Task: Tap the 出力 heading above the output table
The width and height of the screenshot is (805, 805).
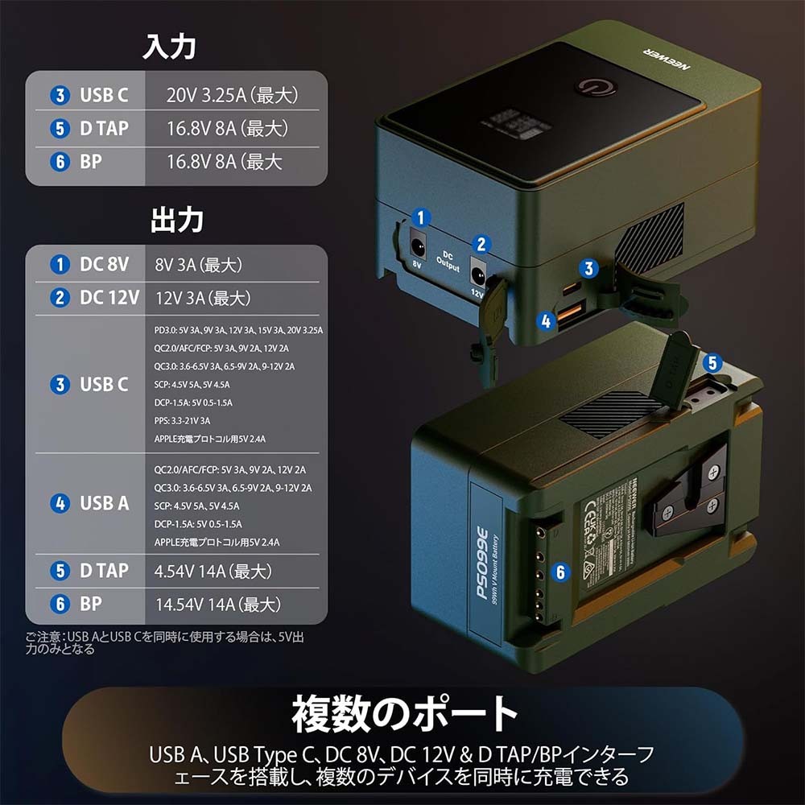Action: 176,220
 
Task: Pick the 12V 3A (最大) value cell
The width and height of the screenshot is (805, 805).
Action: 202,298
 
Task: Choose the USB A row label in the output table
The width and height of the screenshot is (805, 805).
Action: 104,503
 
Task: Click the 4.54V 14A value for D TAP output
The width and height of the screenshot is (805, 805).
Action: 213,572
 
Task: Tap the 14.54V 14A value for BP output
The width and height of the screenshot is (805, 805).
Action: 217,604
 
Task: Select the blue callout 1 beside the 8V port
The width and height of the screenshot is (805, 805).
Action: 419,216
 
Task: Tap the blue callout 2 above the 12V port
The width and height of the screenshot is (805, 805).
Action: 481,244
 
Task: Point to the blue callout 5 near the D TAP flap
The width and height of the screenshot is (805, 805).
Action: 712,362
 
